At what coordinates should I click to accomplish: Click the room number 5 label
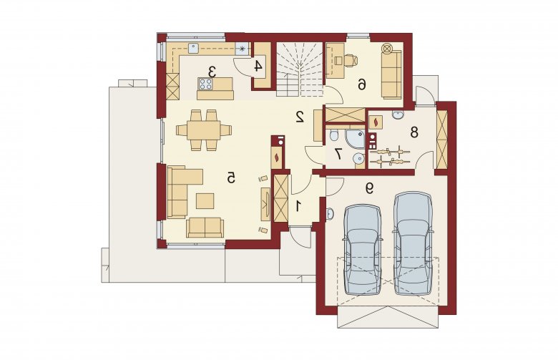pyautogui.click(x=231, y=177)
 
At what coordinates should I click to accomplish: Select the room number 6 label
pyautogui.click(x=361, y=84)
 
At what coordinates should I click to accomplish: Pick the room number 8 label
pyautogui.click(x=414, y=132)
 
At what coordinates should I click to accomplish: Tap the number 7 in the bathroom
pyautogui.click(x=338, y=154)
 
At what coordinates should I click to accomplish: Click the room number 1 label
pyautogui.click(x=299, y=207)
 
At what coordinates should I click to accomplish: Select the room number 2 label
pyautogui.click(x=300, y=117)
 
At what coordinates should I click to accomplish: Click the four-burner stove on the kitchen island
pyautogui.click(x=205, y=84)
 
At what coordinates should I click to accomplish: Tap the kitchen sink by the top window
pyautogui.click(x=194, y=49)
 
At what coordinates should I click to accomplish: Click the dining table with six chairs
pyautogui.click(x=204, y=130)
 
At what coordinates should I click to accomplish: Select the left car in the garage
pyautogui.click(x=363, y=249)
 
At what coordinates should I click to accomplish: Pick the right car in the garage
pyautogui.click(x=413, y=244)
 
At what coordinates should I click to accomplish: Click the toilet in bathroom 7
pyautogui.click(x=334, y=135)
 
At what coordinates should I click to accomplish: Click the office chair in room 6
pyautogui.click(x=350, y=60)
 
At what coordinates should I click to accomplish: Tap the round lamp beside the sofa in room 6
pyautogui.click(x=387, y=47)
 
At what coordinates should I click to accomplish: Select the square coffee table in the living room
pyautogui.click(x=205, y=201)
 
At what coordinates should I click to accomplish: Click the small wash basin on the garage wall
pyautogui.click(x=329, y=214)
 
